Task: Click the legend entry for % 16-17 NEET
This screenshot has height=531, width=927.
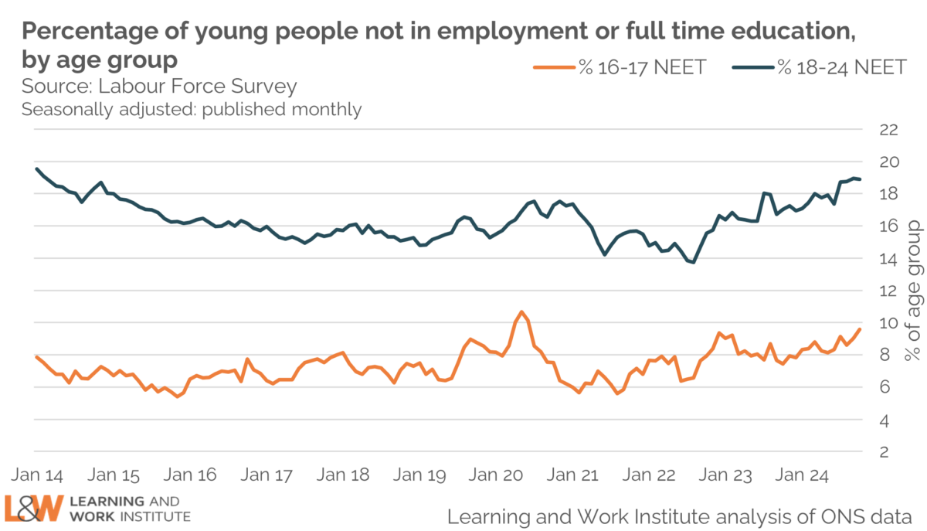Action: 620,67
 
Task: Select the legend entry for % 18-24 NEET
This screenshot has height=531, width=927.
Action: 819,67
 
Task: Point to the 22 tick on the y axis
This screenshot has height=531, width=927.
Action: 889,129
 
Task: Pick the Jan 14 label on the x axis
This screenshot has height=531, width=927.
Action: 36,474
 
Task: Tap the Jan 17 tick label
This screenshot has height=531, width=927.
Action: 266,474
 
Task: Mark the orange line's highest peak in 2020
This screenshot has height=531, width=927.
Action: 522,311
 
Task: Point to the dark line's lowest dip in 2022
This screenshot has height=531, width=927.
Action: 693,263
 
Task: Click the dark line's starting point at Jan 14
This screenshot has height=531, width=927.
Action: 36,168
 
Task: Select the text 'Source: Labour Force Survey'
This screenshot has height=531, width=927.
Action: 159,85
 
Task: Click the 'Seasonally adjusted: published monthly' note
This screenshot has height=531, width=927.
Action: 192,109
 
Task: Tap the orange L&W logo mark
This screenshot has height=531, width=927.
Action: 33,507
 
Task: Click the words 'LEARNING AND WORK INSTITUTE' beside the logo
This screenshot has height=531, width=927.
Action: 129,508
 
